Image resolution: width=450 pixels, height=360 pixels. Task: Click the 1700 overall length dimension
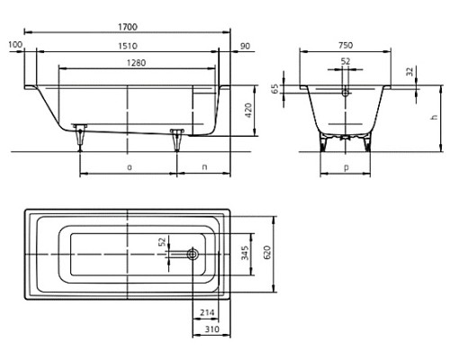point(128,27)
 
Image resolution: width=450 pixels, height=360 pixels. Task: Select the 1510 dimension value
point(128,46)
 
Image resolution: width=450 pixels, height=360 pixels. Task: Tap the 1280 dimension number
point(136,63)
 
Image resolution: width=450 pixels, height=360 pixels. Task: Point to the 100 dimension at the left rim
point(15,45)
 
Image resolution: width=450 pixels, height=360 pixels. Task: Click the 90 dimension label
point(245,46)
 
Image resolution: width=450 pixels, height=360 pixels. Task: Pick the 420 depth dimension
point(248,111)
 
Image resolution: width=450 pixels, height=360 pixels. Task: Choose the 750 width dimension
point(346,45)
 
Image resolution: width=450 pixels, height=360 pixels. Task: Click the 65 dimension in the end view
point(274,89)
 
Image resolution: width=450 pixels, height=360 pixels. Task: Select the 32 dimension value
point(409,71)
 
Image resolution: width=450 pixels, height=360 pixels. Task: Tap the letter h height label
point(434,117)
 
